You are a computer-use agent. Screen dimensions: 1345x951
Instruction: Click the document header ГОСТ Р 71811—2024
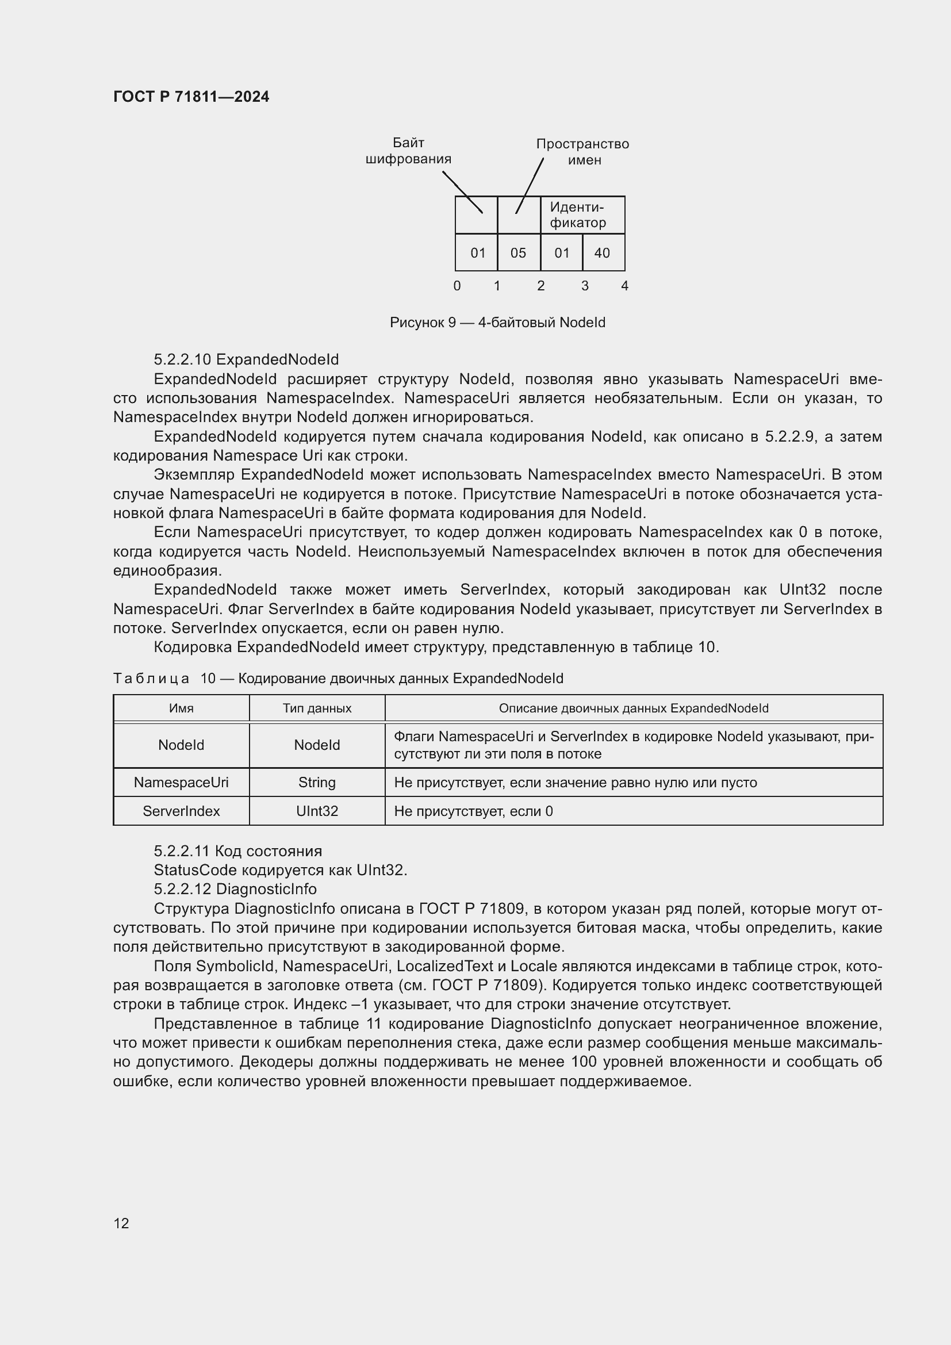191,97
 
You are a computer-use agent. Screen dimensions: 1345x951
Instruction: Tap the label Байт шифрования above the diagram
408,151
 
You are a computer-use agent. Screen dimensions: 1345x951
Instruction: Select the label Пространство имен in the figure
582,152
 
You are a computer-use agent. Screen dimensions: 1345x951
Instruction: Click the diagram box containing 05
518,253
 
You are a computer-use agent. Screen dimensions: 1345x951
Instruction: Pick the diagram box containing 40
603,253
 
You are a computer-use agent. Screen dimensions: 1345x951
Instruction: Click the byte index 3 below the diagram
584,286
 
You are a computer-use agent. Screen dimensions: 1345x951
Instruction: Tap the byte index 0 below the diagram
457,286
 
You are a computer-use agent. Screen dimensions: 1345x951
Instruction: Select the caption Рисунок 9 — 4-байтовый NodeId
497,323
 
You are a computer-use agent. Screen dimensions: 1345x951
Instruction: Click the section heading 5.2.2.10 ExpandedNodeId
246,359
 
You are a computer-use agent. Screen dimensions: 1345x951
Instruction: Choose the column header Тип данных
317,708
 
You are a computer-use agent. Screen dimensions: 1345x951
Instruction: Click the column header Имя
181,708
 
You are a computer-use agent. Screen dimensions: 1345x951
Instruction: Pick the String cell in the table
317,783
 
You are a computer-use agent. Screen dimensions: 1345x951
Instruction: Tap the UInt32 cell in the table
317,811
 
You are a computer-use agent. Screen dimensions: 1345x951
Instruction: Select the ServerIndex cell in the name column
181,811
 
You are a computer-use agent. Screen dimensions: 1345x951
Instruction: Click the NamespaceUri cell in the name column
181,783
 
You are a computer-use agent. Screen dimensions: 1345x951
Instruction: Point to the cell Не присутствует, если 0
473,811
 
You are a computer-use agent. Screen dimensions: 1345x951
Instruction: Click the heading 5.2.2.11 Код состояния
238,851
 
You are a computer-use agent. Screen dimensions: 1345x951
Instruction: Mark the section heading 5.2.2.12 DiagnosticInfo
235,889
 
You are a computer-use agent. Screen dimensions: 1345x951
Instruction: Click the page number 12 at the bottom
121,1223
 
